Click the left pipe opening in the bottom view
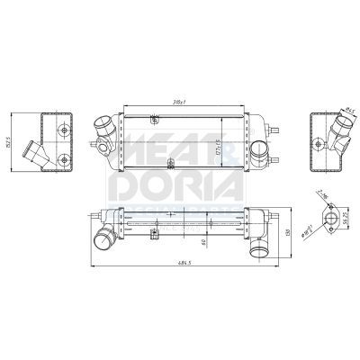[103, 239]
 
